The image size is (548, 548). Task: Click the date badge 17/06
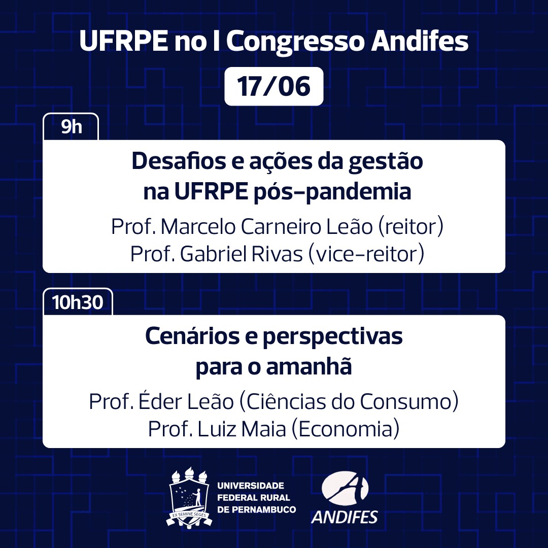click(273, 87)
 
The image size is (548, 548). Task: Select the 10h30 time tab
click(78, 302)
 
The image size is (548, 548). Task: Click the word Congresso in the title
click(296, 43)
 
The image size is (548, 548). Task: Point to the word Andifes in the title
click(420, 43)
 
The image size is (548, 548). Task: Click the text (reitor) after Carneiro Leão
click(410, 227)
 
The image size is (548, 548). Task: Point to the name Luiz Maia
click(239, 429)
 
